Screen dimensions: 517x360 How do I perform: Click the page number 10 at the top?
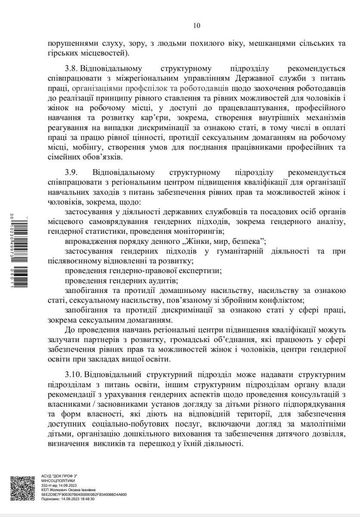click(197, 25)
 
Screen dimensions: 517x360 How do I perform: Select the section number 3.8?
click(71, 69)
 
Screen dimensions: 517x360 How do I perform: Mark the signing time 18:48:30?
click(87, 498)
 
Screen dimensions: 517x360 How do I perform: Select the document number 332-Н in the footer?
click(47, 485)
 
